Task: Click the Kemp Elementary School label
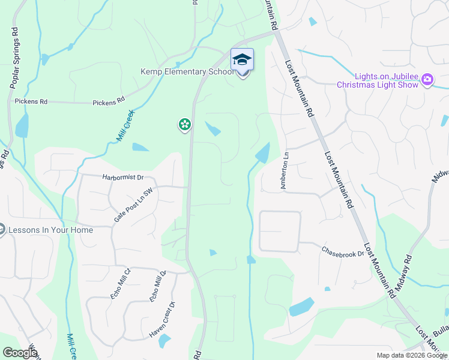coord(187,72)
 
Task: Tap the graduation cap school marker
coord(242,61)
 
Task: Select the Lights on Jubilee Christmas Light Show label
coord(378,80)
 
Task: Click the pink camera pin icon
coord(427,79)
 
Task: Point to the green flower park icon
coord(184,125)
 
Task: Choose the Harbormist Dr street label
coord(124,178)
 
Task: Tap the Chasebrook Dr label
coord(343,251)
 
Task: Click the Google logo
coord(20,353)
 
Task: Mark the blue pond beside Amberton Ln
coord(263,154)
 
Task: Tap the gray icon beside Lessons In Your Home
coord(2,230)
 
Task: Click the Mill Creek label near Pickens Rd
coord(125,126)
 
